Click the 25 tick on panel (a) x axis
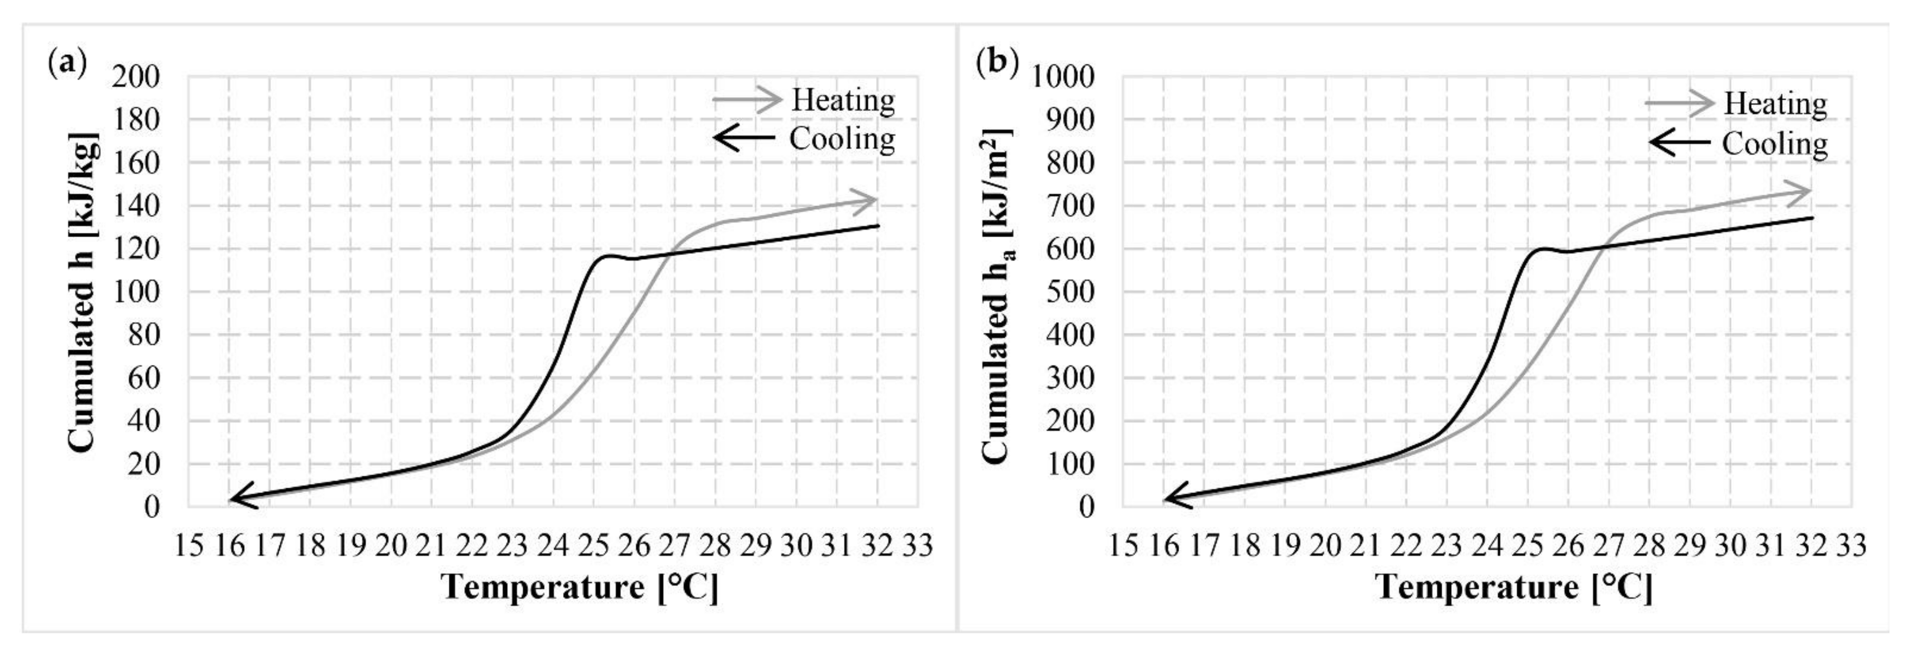pos(593,546)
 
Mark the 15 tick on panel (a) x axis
pos(189,546)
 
